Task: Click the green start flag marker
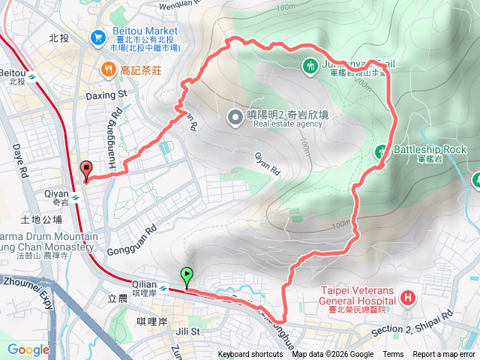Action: [186, 276]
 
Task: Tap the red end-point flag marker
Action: [85, 169]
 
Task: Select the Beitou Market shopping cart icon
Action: [97, 36]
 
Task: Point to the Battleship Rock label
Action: [430, 149]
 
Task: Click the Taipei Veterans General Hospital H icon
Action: [407, 298]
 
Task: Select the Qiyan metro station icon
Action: [76, 199]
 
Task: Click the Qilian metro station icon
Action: [164, 285]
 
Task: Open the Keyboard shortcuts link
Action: [250, 355]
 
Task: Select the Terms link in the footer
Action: [393, 355]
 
